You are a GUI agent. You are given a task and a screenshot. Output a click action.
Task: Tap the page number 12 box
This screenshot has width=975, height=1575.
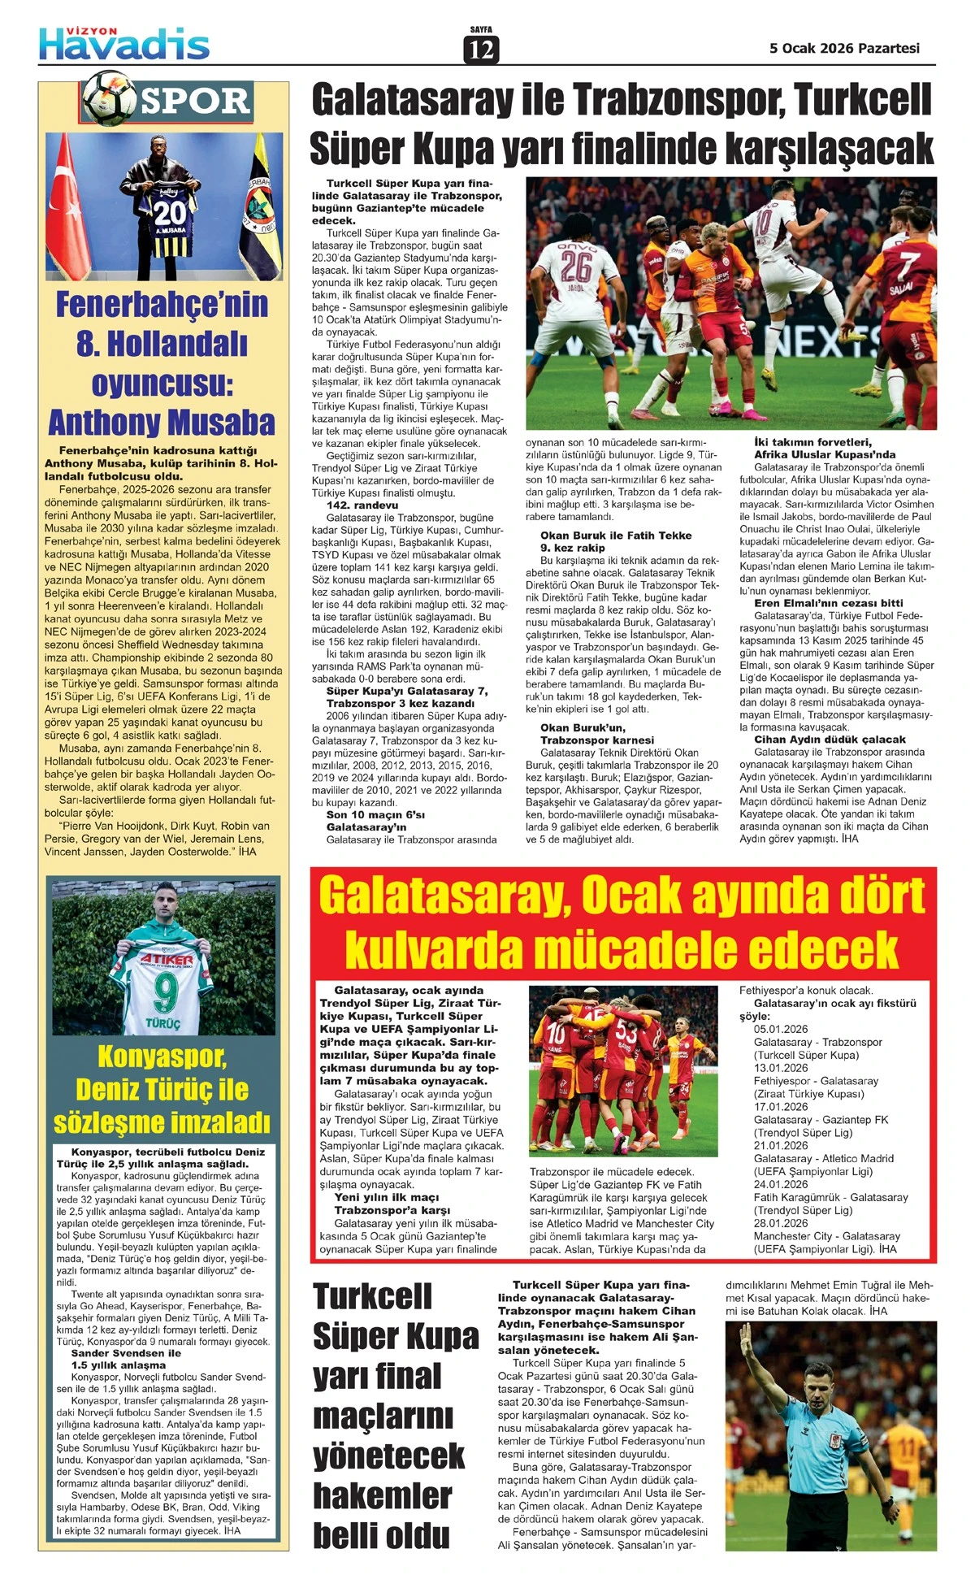[x=481, y=50]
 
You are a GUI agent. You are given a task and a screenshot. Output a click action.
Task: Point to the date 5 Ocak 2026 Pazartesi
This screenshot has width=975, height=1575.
[x=844, y=48]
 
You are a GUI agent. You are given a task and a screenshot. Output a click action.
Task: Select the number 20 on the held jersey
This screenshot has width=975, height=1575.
[x=170, y=213]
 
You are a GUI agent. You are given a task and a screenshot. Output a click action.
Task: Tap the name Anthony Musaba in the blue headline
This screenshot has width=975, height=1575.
[x=162, y=423]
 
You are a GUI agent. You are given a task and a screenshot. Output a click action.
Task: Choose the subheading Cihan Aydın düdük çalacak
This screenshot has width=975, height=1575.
[x=830, y=740]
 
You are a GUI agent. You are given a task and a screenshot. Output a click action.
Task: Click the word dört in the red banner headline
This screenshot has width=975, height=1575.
[x=869, y=896]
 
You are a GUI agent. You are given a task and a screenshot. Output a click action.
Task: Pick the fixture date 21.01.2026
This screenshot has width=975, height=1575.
[x=781, y=1146]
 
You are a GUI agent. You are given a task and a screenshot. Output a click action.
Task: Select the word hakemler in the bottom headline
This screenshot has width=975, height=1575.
[x=382, y=1495]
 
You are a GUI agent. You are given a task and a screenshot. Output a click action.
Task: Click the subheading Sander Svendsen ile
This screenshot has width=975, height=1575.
[x=126, y=1353]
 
